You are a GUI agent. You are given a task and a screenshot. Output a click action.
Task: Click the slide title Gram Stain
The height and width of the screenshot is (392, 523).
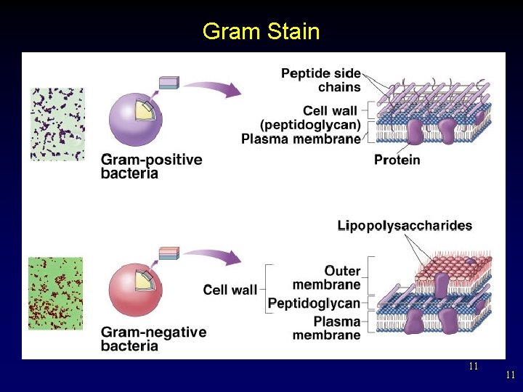click(261, 31)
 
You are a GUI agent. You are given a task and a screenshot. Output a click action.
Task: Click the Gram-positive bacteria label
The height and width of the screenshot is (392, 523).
click(151, 166)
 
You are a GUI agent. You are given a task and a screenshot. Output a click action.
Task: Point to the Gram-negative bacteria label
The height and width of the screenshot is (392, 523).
click(153, 339)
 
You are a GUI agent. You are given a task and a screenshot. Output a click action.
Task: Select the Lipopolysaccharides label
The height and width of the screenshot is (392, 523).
click(405, 226)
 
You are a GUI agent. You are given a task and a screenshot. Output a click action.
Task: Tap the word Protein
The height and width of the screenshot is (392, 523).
click(397, 159)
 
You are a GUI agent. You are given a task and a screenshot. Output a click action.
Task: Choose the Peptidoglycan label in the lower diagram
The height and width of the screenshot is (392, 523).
click(314, 303)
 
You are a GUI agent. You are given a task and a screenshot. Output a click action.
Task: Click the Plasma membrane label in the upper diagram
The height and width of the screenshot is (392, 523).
click(301, 139)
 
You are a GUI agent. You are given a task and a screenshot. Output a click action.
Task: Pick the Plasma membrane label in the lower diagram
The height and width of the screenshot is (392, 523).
click(326, 328)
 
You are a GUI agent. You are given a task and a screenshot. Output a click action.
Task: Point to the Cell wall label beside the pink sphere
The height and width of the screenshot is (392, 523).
click(230, 290)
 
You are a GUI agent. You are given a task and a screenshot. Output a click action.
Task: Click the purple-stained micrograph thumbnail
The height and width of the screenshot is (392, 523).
click(57, 124)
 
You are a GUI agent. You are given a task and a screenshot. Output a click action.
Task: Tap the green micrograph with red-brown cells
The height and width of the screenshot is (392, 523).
click(56, 293)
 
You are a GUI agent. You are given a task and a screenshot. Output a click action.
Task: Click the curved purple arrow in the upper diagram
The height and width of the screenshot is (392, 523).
click(215, 87)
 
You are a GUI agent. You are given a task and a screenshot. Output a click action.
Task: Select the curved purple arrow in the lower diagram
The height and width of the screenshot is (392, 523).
click(215, 257)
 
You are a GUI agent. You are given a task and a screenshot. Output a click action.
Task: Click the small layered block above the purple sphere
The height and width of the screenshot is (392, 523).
click(169, 82)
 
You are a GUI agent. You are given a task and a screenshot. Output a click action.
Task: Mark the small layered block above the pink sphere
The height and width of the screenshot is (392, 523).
click(169, 253)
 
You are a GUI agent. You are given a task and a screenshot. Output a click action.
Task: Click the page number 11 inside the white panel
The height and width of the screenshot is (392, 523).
click(473, 366)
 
